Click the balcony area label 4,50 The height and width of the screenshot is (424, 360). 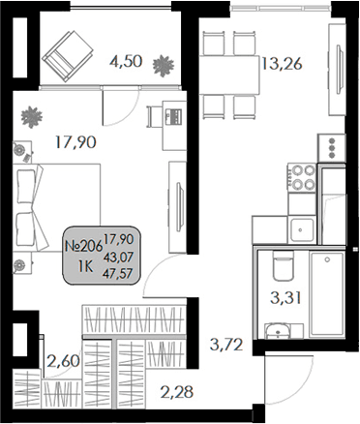[x=126, y=61]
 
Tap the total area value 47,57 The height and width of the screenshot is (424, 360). [x=118, y=274]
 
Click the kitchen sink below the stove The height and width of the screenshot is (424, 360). [x=302, y=228]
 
